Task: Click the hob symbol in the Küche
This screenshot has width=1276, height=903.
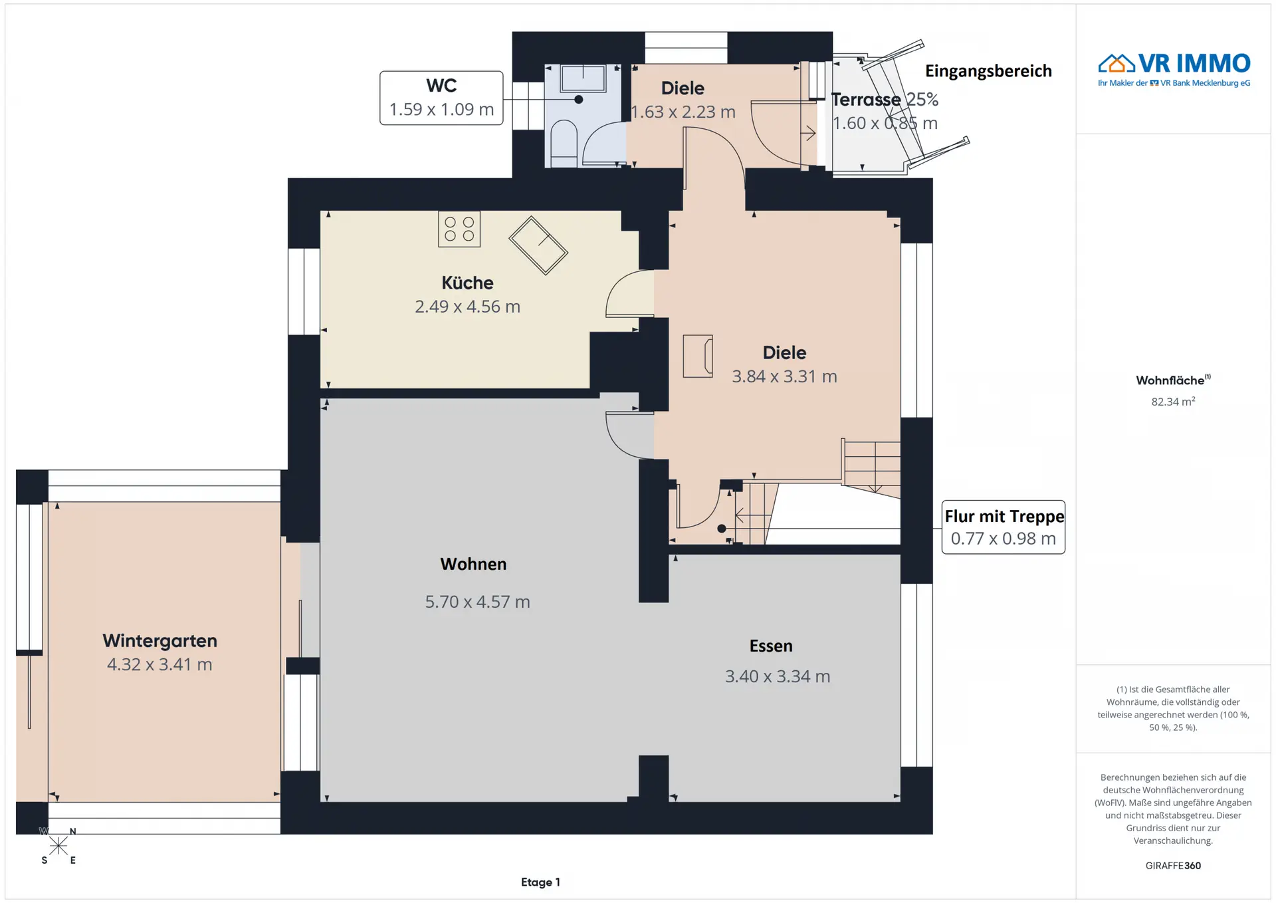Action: click(x=459, y=229)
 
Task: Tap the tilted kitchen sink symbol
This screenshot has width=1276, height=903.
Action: click(x=538, y=245)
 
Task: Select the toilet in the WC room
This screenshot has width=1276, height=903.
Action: click(x=564, y=143)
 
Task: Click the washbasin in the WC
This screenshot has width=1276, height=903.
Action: click(x=583, y=78)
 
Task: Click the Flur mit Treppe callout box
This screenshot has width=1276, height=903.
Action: click(x=1004, y=527)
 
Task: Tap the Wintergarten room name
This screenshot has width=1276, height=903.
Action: click(x=159, y=640)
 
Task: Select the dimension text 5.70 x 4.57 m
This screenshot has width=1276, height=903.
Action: click(x=477, y=602)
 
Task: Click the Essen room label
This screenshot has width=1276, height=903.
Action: click(x=771, y=646)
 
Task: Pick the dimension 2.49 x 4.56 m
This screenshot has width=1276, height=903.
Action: click(x=467, y=307)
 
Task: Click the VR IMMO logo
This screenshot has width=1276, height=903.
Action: click(x=1174, y=69)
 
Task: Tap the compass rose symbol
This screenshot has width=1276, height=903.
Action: click(x=58, y=846)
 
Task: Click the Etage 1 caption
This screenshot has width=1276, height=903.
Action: click(x=540, y=882)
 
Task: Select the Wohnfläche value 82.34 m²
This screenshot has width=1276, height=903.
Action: click(x=1173, y=401)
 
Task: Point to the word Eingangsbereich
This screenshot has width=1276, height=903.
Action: click(x=988, y=71)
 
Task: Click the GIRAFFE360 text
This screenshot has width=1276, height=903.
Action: click(x=1173, y=866)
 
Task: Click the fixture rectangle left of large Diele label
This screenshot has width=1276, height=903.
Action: click(x=698, y=356)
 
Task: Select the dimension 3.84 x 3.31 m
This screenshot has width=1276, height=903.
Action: click(x=784, y=376)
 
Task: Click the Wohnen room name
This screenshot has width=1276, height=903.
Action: click(x=473, y=564)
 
